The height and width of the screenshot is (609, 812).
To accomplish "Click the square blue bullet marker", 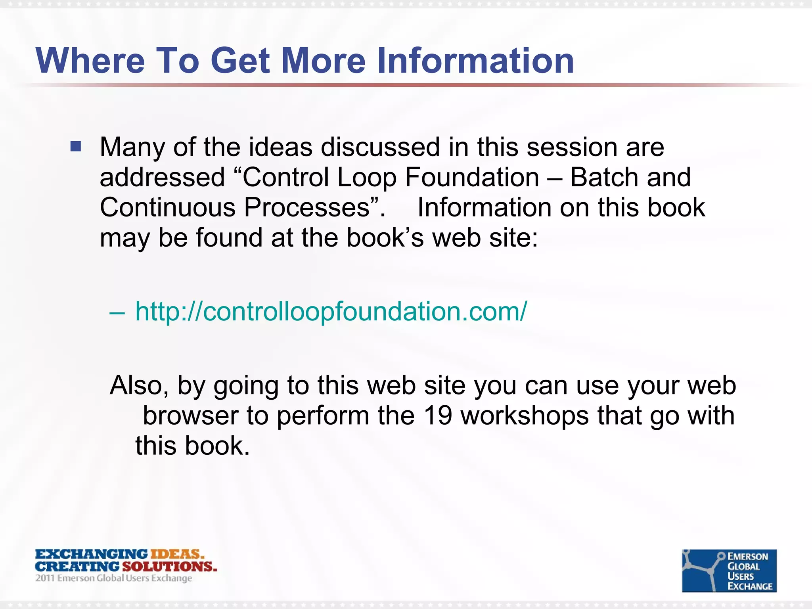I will (76, 147).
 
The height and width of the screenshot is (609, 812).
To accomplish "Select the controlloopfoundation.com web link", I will (331, 311).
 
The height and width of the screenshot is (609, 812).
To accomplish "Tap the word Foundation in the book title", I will (472, 177).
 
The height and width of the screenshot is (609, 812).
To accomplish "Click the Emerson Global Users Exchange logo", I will (729, 571).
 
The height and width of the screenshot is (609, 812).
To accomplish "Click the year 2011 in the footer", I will (45, 578).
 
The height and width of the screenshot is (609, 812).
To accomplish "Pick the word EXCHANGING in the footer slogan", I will (92, 554).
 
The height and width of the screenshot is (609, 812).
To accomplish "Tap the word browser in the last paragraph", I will (190, 416).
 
